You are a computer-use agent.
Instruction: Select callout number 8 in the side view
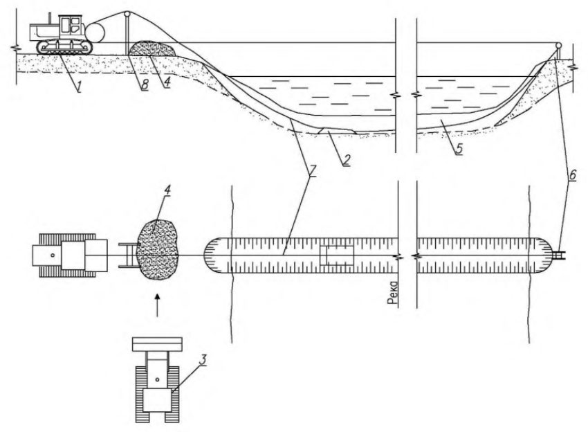point(145,85)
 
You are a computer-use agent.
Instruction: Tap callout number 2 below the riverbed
point(346,160)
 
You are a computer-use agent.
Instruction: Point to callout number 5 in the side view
point(459,149)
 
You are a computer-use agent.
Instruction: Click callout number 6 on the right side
point(572,175)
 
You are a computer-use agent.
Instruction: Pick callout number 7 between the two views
point(313,171)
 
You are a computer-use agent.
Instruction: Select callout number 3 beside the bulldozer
point(203,360)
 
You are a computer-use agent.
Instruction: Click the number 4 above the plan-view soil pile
point(167,190)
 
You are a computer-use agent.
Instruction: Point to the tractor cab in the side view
point(71,26)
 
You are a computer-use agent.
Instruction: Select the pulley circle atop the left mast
point(127,15)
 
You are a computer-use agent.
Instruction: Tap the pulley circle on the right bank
point(558,46)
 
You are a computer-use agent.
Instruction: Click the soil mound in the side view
point(153,49)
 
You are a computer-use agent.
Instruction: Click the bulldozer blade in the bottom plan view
point(157,344)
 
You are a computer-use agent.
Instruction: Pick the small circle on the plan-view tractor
point(53,255)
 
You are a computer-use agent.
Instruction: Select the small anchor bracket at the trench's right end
point(559,255)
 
